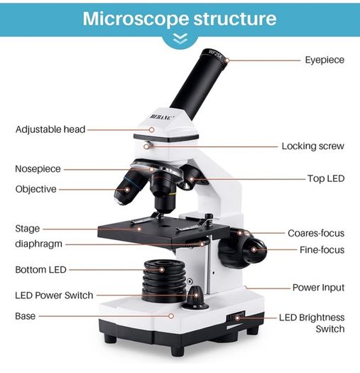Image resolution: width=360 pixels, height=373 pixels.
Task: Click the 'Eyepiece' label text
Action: tap(324, 60)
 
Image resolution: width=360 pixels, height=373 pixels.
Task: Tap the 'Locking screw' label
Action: tap(312, 146)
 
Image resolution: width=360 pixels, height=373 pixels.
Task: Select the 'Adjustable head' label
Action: tap(50, 129)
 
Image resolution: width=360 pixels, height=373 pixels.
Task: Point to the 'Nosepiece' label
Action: tap(38, 169)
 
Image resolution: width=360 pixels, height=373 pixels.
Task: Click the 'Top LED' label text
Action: tap(326, 178)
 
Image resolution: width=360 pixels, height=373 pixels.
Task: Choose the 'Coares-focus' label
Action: tap(316, 233)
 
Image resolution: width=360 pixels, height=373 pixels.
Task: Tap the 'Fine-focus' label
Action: tap(322, 250)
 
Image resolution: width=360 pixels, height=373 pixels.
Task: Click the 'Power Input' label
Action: tap(318, 288)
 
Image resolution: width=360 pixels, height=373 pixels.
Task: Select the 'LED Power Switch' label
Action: tap(54, 296)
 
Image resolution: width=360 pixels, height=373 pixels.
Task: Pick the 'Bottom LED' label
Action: tap(40, 270)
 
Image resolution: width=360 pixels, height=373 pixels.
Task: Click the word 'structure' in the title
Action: tap(235, 18)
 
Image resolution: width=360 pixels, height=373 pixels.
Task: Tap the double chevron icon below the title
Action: tap(180, 39)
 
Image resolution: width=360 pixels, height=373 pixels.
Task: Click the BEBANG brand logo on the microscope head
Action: tap(162, 117)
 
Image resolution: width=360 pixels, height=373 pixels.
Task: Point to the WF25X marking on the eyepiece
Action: tap(215, 54)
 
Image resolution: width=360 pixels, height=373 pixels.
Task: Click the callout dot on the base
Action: tap(171, 316)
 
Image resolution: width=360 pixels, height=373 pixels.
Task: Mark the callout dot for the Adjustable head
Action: tap(152, 129)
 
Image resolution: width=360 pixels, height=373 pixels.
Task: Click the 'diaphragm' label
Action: tap(38, 244)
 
